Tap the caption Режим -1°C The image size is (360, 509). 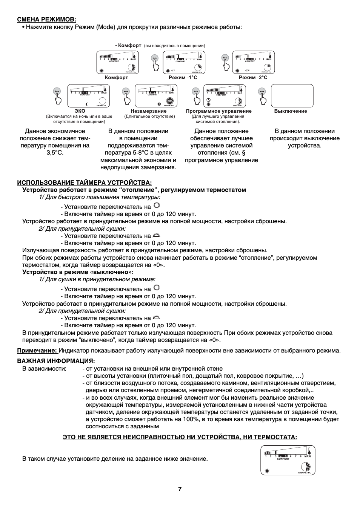pyautogui.click(x=183, y=78)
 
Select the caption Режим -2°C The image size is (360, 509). pyautogui.click(x=253, y=78)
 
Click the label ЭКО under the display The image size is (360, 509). pyautogui.click(x=80, y=111)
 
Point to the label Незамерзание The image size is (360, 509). pyautogui.click(x=148, y=111)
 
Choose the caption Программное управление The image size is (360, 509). pyautogui.click(x=218, y=111)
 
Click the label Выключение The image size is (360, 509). pyautogui.click(x=291, y=111)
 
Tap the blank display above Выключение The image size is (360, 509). pyautogui.click(x=292, y=95)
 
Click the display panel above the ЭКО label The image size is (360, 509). pyautogui.click(x=89, y=96)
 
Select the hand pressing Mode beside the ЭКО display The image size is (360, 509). pyautogui.click(x=57, y=96)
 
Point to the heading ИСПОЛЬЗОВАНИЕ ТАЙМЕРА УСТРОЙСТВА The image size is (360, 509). pyautogui.click(x=84, y=183)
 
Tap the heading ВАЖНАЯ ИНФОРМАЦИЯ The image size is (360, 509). pyautogui.click(x=56, y=361)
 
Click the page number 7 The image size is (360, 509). pyautogui.click(x=180, y=489)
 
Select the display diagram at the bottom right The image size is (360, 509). pyautogui.click(x=288, y=460)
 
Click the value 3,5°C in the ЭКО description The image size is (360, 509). pyautogui.click(x=55, y=153)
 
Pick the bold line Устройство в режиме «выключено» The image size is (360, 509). pyautogui.click(x=78, y=272)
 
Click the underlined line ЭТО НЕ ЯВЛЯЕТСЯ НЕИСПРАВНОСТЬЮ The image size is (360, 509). pyautogui.click(x=180, y=437)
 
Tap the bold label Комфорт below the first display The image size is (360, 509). pyautogui.click(x=116, y=78)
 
